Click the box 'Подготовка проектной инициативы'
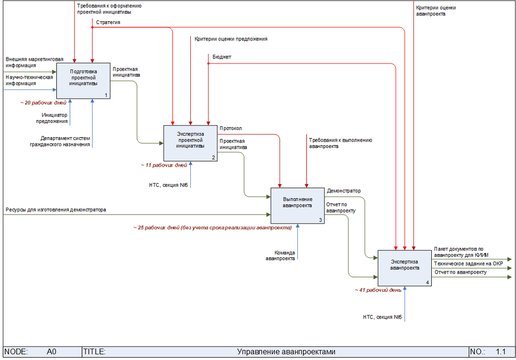coord(84,80)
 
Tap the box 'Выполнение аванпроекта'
coord(297,205)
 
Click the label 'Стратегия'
coord(108,23)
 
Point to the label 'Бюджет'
coord(222,56)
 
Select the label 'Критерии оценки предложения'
coord(231,39)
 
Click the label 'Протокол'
coord(231,129)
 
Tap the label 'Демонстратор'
coord(344,191)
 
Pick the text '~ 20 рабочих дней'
coord(43,102)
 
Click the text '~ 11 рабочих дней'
coord(164,164)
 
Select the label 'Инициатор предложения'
coord(55,118)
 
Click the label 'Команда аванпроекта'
coord(280,256)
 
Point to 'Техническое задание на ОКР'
coord(468,263)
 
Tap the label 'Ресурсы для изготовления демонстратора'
coord(56,210)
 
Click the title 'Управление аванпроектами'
coord(286,352)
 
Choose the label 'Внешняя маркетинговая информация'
coord(34,62)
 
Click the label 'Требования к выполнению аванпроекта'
coord(341,143)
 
